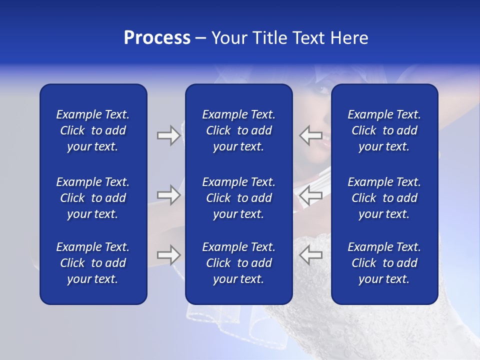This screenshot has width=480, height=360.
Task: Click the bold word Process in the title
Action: pyautogui.click(x=157, y=38)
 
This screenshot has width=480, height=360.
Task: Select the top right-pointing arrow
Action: pyautogui.click(x=168, y=135)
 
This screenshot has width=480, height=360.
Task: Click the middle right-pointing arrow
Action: pyautogui.click(x=168, y=195)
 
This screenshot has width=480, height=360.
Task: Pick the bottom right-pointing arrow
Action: pyautogui.click(x=168, y=255)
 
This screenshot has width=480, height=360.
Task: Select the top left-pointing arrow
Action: pyautogui.click(x=310, y=135)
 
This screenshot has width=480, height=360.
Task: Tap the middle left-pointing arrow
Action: pyautogui.click(x=310, y=195)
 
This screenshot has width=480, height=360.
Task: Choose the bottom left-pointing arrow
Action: pyautogui.click(x=310, y=255)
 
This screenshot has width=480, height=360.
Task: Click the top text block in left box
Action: pyautogui.click(x=93, y=130)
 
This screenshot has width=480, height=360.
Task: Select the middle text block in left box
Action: pyautogui.click(x=93, y=198)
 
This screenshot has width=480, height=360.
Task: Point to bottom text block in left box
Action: pyautogui.click(x=93, y=263)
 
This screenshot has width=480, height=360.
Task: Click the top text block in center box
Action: pyautogui.click(x=238, y=130)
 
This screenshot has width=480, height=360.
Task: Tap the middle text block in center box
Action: pyautogui.click(x=238, y=198)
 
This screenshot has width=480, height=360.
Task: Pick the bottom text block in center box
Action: pyautogui.click(x=238, y=263)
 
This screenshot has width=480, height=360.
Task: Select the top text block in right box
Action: pyautogui.click(x=384, y=130)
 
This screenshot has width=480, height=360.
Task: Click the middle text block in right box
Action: pyautogui.click(x=384, y=198)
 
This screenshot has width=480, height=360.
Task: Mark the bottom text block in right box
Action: pyautogui.click(x=384, y=263)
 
